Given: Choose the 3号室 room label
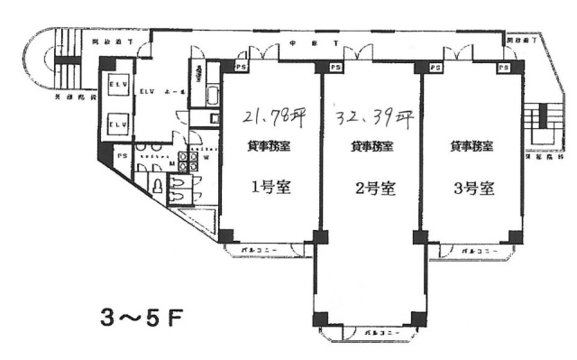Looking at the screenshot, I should [472, 189].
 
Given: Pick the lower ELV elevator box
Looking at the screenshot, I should [116, 121].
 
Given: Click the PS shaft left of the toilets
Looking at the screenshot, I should [121, 156].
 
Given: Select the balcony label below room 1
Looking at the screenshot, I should [268, 247].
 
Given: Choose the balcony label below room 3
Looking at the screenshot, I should [474, 248].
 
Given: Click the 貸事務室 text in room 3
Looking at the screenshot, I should [471, 145].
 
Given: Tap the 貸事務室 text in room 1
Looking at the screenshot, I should [269, 145].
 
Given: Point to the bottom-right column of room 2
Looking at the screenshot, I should [417, 318].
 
